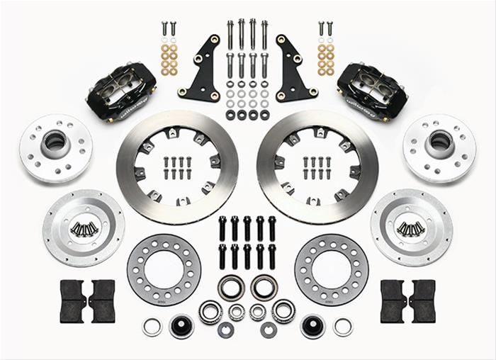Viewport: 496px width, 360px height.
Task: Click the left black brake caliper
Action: [120, 91]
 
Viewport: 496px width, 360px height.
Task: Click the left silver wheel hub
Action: [56, 148]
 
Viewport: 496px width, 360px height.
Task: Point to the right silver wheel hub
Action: [439, 148]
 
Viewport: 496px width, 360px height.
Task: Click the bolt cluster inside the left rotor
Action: [178, 167]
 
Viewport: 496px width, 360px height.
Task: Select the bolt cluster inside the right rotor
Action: [317, 167]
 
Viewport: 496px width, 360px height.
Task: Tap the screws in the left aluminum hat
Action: [84, 228]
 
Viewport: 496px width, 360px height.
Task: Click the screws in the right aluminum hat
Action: [411, 228]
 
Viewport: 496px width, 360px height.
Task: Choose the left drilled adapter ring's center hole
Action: [164, 270]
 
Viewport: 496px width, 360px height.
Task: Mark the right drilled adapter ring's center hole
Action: [331, 270]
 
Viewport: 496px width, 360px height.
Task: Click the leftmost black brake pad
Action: [72, 300]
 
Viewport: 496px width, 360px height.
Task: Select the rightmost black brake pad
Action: [423, 300]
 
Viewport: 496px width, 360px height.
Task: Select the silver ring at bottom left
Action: [152, 327]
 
